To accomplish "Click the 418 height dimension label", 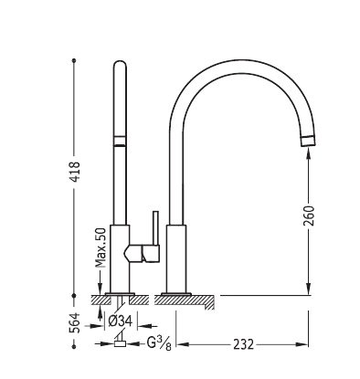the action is (75, 172).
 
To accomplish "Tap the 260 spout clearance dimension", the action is (309, 216).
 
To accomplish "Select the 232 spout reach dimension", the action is (243, 344).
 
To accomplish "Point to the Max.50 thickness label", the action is (101, 247).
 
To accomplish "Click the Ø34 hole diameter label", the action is (121, 321).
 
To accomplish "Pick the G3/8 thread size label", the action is (159, 343).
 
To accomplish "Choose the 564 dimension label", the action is (75, 322).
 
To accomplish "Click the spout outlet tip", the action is (308, 142).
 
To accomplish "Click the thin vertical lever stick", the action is (156, 227).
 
